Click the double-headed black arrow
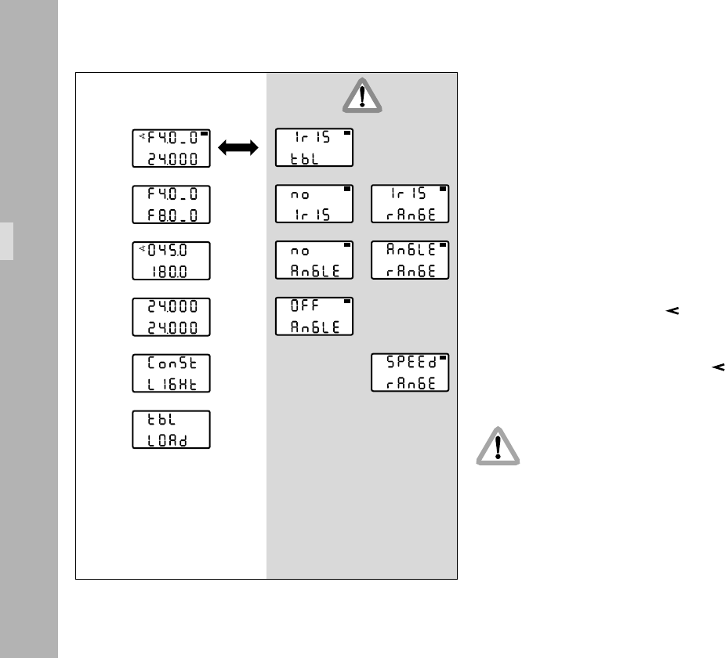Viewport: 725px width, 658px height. point(239,148)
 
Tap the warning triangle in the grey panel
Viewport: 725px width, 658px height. point(361,96)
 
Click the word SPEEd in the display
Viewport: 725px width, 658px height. point(407,364)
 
